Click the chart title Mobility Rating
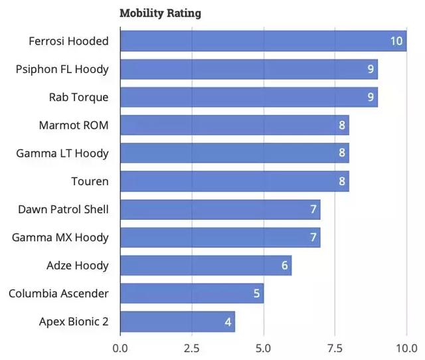160,13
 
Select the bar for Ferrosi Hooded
263,41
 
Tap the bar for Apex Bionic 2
177,322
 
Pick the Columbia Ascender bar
192,294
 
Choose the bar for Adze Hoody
206,266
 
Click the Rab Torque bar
248,97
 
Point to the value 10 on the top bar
396,41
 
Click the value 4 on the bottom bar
228,322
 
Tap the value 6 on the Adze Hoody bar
285,266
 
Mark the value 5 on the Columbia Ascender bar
256,294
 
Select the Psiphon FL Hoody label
62,69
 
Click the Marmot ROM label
74,125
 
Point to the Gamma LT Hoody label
62,153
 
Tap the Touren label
90,181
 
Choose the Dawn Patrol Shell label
63,209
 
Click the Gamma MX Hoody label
60,238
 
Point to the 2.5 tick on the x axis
192,348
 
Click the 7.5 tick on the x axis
335,348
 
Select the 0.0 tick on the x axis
120,348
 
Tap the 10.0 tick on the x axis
405,348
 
